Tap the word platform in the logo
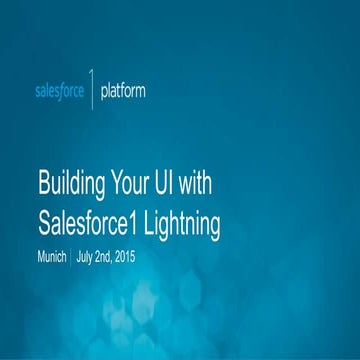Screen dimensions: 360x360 tap(122, 91)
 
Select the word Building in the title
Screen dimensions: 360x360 tap(72, 186)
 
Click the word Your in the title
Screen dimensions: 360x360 tap(135, 186)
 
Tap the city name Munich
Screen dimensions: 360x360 tap(51, 257)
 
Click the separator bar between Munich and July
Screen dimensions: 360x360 tap(70, 257)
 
